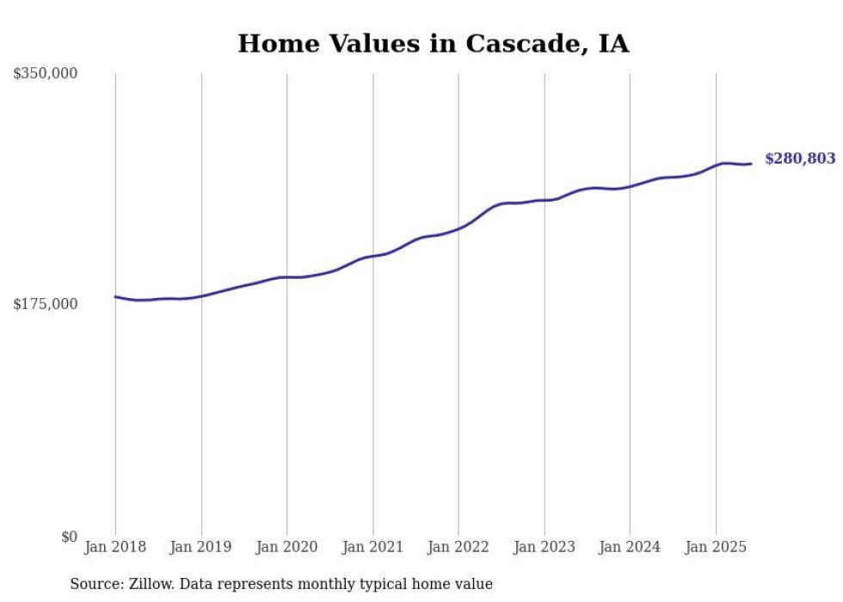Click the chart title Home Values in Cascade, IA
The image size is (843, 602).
[433, 44]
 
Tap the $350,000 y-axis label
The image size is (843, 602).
[46, 74]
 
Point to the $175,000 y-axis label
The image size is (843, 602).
[46, 304]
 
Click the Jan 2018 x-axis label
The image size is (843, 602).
[115, 547]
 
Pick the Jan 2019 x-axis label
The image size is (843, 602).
[201, 547]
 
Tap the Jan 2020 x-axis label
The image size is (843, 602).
[286, 547]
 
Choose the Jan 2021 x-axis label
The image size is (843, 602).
[372, 547]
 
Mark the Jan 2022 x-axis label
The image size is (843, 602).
[458, 547]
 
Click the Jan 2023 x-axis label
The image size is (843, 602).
[544, 547]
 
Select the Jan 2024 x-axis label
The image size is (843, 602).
[630, 547]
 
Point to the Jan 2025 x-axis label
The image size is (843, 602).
[716, 547]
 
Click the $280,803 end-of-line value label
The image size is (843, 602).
[800, 158]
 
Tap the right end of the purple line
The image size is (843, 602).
[751, 164]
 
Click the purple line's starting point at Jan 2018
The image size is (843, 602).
[115, 296]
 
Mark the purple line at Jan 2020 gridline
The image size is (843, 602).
[286, 277]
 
